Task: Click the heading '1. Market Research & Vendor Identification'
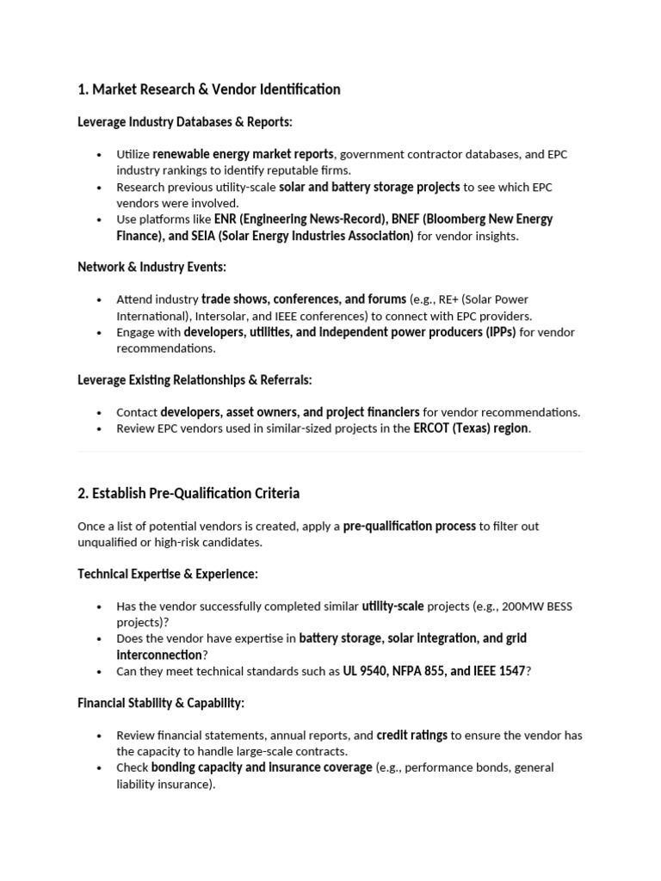tap(208, 89)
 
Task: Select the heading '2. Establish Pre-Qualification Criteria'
tap(188, 494)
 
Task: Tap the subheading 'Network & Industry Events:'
tap(151, 268)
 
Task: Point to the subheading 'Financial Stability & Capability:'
tap(161, 703)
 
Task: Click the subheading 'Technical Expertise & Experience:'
tap(168, 574)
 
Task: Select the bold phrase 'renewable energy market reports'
tap(243, 155)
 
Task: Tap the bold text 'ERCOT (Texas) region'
tap(471, 428)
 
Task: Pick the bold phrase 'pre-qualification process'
tap(409, 526)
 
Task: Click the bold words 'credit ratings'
tap(412, 736)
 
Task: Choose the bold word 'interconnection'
tap(156, 655)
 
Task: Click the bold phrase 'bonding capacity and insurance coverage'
tap(262, 767)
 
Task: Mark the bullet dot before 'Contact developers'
tap(100, 413)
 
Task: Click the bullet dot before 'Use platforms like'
tap(100, 220)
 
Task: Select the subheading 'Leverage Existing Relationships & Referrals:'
tap(195, 380)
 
